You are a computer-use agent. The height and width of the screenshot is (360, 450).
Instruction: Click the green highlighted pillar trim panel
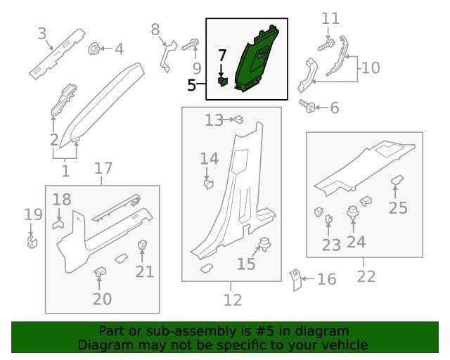point(257,60)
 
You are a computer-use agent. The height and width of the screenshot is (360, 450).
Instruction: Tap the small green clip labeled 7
point(222,82)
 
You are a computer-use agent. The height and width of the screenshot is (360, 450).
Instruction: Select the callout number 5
point(192,85)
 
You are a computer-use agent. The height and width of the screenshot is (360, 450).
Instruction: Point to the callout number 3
point(42,34)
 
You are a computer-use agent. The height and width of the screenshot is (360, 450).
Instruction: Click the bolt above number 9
point(191,45)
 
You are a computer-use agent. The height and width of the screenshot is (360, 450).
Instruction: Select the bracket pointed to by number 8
point(168,56)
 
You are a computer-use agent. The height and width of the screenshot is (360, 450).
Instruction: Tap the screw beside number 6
point(307,106)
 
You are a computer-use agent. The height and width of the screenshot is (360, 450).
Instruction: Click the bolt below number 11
point(326,46)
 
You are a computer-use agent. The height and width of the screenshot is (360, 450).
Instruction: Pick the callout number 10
point(371,68)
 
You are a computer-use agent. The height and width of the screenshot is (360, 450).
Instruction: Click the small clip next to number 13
point(239,120)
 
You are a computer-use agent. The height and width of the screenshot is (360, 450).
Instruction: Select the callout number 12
point(233,300)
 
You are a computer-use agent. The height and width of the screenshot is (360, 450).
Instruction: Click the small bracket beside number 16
point(295,280)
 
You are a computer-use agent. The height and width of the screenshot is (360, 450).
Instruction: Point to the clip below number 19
point(32,242)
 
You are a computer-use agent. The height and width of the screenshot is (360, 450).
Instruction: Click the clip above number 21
point(142,245)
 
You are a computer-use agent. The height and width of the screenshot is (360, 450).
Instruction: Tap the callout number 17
point(103,168)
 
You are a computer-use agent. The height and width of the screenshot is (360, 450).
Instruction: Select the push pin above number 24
point(353,213)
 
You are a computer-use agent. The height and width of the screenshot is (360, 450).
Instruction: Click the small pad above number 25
point(397,180)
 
